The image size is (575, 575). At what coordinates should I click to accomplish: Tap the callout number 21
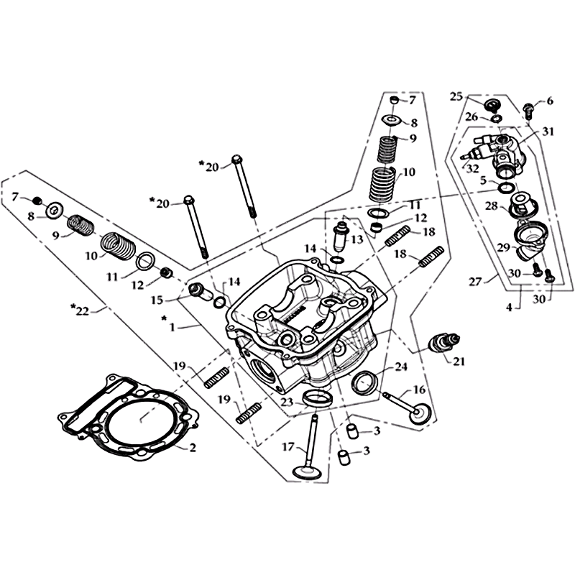tap(459, 362)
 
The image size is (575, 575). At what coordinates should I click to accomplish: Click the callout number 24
tap(401, 367)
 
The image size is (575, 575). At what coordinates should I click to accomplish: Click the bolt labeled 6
tap(528, 109)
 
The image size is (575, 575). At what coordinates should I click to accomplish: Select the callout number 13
tap(356, 240)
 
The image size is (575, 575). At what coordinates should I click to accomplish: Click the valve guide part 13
tap(339, 239)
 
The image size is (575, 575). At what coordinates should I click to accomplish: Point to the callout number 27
tap(475, 282)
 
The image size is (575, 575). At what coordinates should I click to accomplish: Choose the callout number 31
tap(548, 132)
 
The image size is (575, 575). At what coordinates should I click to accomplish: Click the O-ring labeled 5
tap(507, 187)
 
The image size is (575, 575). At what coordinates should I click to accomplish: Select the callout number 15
tap(157, 300)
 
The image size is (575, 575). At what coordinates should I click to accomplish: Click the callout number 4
tap(509, 308)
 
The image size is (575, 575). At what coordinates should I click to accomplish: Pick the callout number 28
tap(492, 206)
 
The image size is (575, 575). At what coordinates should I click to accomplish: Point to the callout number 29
tap(505, 248)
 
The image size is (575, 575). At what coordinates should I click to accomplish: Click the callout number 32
tap(472, 170)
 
